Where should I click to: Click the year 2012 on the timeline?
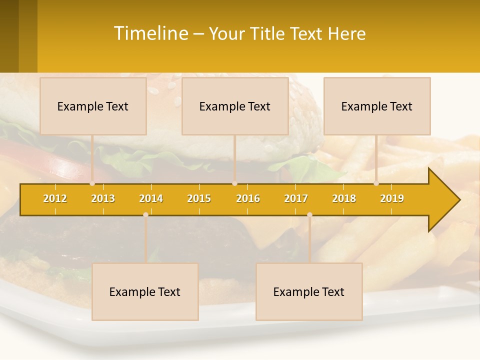point(55,198)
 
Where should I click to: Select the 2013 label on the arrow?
point(103,198)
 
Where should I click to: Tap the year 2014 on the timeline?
point(151,198)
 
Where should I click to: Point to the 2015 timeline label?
point(199,198)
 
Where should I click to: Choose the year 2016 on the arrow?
point(248,198)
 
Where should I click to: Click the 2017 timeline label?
point(296,198)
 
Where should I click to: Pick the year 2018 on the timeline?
point(344,198)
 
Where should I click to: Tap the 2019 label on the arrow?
point(392,198)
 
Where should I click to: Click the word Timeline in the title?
point(151,33)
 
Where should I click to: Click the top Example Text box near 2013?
point(93,106)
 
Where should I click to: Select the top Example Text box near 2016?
point(235,106)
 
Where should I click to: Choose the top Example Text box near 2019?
point(377,106)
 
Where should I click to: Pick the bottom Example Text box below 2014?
point(145,291)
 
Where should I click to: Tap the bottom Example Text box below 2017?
point(309,291)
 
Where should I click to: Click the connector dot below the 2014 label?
point(145,214)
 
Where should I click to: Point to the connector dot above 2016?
point(234,183)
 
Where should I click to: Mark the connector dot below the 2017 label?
point(309,214)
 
